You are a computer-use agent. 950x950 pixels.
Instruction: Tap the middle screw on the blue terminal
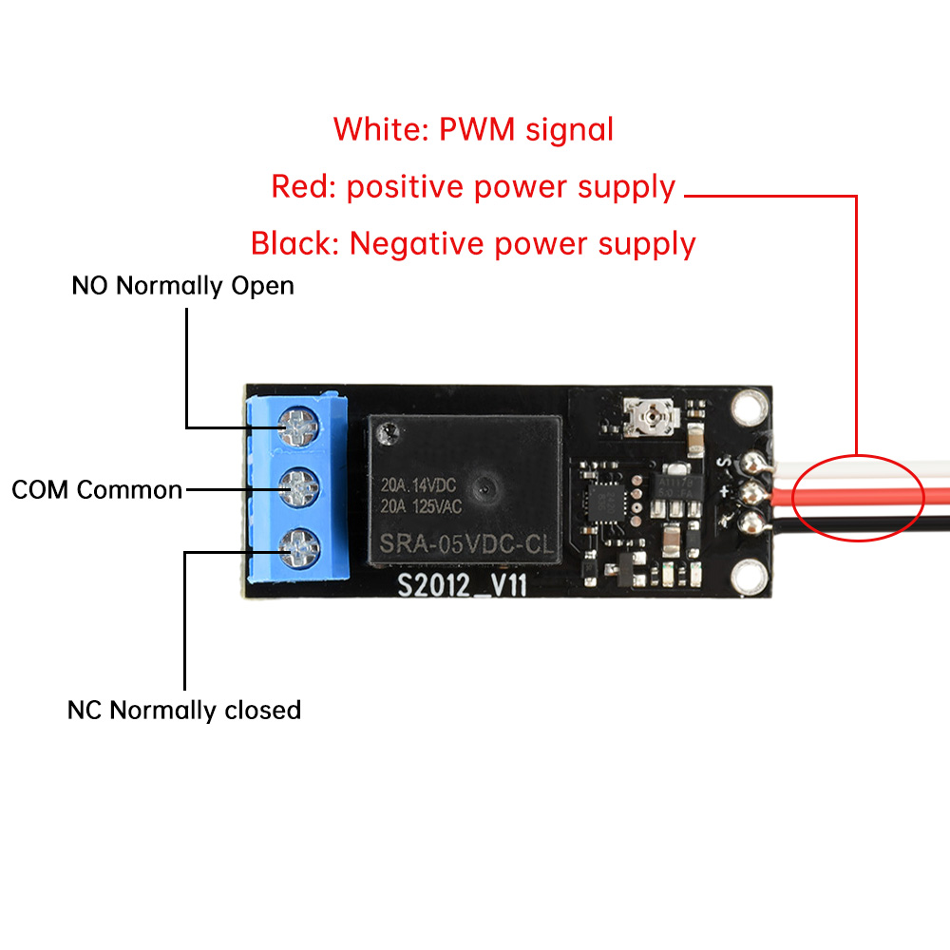pos(300,488)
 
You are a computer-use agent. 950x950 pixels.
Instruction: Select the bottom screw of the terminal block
pos(299,544)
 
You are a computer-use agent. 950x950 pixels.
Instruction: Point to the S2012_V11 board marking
pos(462,585)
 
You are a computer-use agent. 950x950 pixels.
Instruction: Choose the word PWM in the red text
pos(478,129)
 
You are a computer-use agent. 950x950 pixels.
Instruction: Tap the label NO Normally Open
pos(182,285)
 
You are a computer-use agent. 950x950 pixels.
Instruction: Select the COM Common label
pos(97,490)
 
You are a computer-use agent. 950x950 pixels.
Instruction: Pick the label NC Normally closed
pos(184,710)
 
